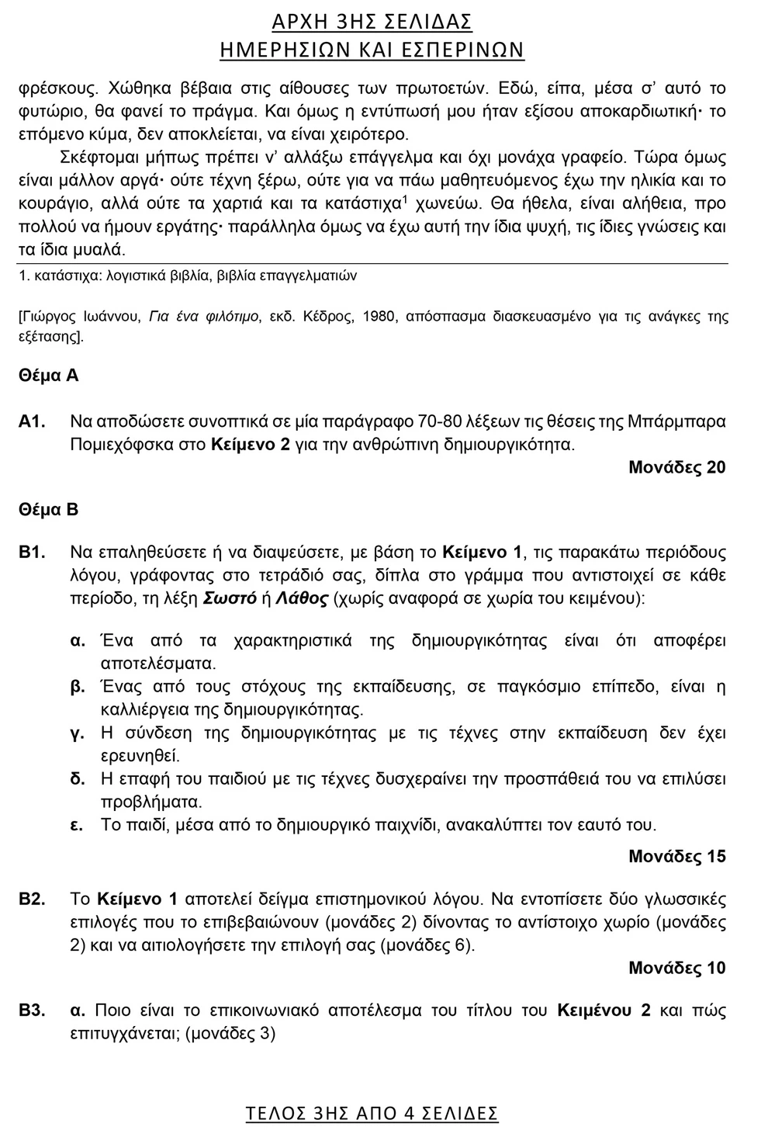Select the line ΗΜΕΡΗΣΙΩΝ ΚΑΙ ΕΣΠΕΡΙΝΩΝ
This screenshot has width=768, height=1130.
(x=372, y=50)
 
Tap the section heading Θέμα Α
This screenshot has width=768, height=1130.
(x=48, y=376)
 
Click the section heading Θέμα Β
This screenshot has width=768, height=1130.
(x=48, y=510)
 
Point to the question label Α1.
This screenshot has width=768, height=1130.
(x=33, y=422)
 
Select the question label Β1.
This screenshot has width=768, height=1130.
(x=33, y=553)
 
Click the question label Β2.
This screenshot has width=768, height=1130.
(x=33, y=899)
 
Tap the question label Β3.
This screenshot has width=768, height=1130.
(x=33, y=1010)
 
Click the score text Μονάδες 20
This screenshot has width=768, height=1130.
(x=676, y=467)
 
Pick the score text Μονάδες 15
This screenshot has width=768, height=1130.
(x=676, y=857)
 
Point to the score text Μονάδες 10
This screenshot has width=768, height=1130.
(x=676, y=968)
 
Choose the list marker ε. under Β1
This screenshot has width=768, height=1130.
(x=77, y=824)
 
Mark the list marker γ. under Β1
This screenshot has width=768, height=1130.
(x=77, y=733)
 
